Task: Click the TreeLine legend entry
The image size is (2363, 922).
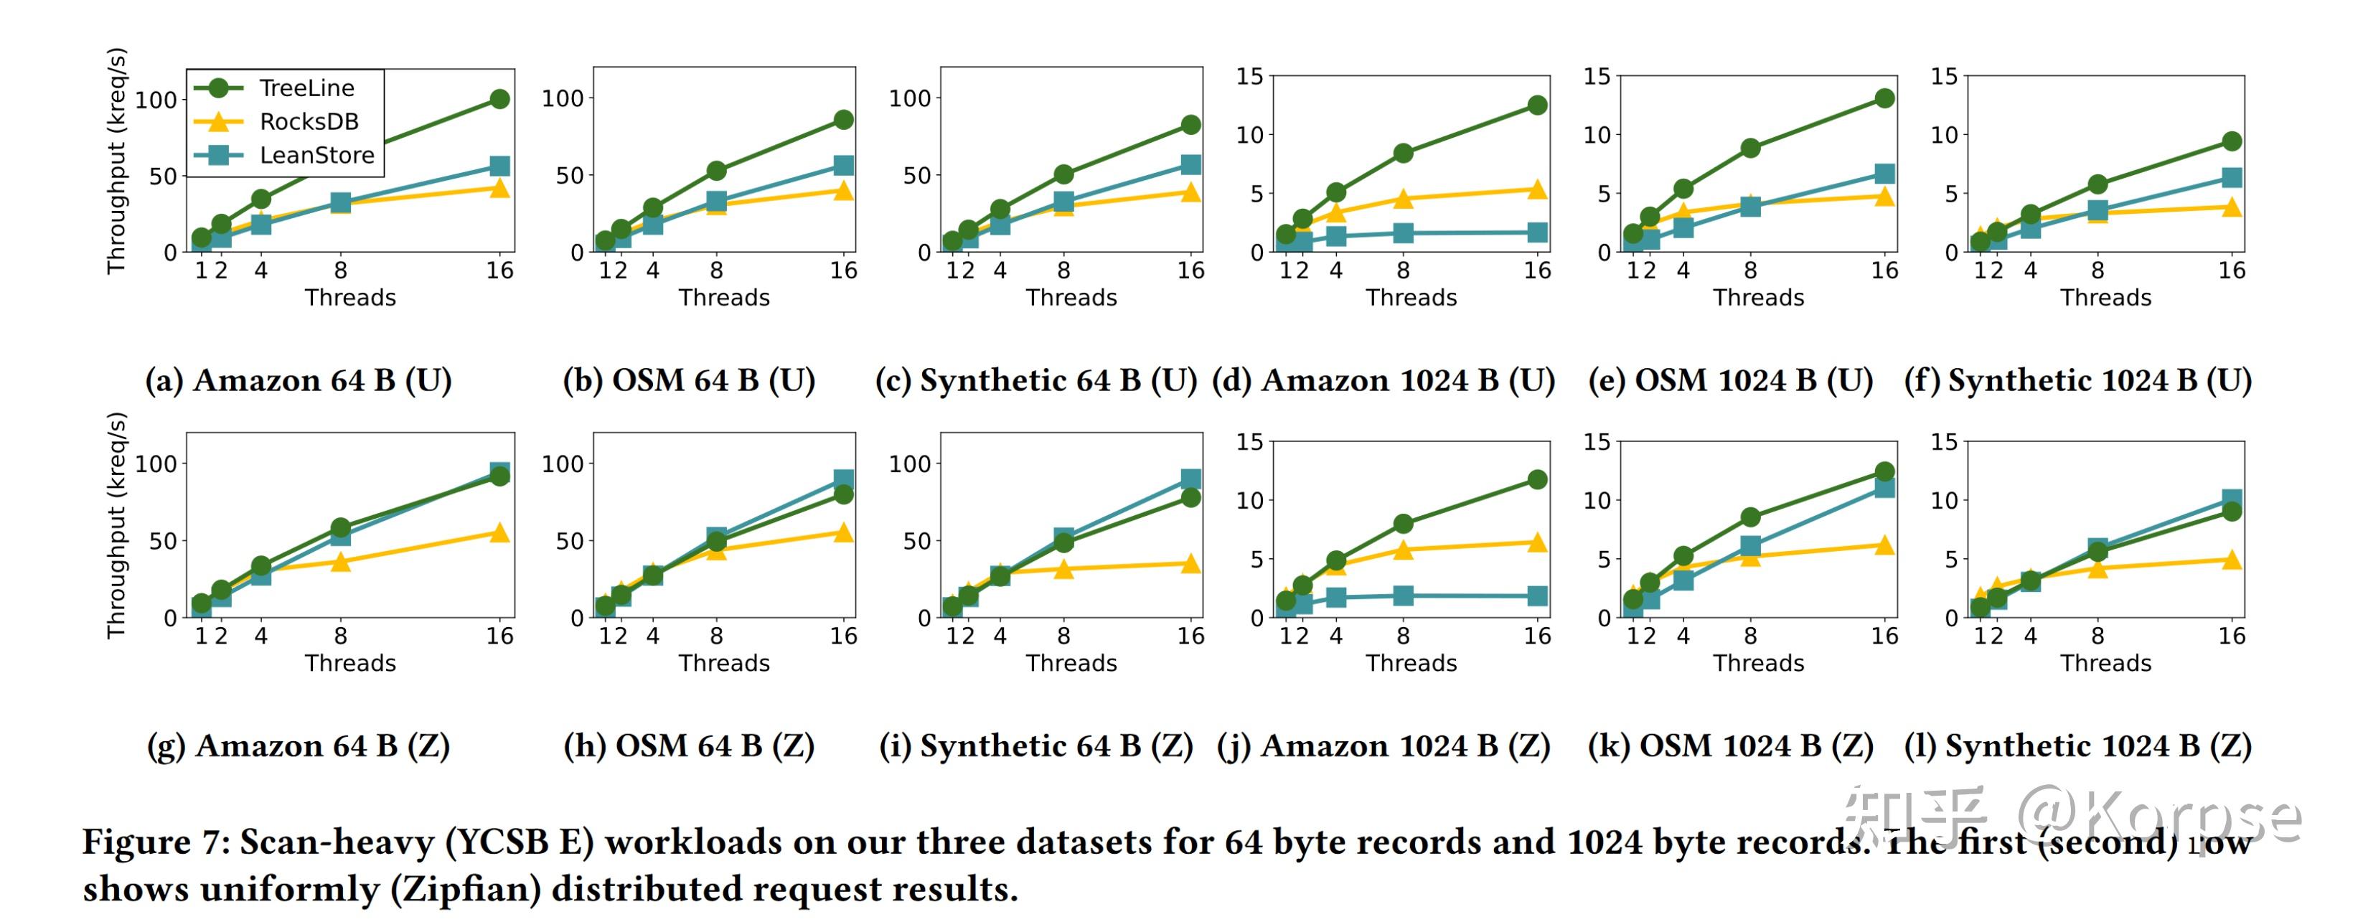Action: (306, 88)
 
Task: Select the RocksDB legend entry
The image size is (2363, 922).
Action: (309, 121)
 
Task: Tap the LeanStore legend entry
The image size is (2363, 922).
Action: (316, 155)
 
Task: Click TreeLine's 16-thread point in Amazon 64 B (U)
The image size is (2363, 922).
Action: (499, 99)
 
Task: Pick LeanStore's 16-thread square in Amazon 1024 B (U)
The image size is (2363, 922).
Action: (1537, 233)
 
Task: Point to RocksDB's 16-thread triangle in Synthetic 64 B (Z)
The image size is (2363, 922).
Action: (1190, 563)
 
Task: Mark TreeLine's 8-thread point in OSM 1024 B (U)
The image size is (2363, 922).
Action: (1750, 148)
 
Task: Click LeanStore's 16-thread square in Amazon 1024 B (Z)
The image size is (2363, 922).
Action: (1537, 596)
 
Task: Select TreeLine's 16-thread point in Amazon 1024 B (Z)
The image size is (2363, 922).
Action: (1537, 480)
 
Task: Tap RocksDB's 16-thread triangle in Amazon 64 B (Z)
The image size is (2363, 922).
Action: (499, 533)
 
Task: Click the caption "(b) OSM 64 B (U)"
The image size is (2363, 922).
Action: (689, 380)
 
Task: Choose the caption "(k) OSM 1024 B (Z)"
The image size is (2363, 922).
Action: (1730, 746)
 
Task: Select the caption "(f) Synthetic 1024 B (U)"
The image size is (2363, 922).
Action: (2077, 380)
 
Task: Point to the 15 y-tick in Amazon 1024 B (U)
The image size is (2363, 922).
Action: (1249, 76)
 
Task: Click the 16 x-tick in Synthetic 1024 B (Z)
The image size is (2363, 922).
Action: (2231, 636)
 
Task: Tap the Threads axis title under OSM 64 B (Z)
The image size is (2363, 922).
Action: (724, 663)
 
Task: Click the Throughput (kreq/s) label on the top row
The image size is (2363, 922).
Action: (116, 161)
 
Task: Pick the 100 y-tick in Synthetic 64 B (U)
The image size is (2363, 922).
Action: (909, 98)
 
